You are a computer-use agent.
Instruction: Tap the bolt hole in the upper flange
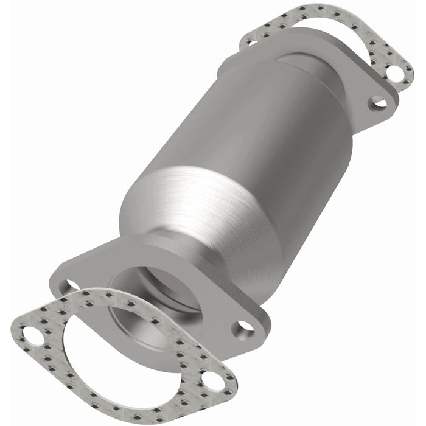[x=379, y=102]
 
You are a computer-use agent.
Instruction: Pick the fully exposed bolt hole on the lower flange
[x=244, y=327]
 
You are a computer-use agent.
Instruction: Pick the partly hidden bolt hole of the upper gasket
[x=249, y=41]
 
